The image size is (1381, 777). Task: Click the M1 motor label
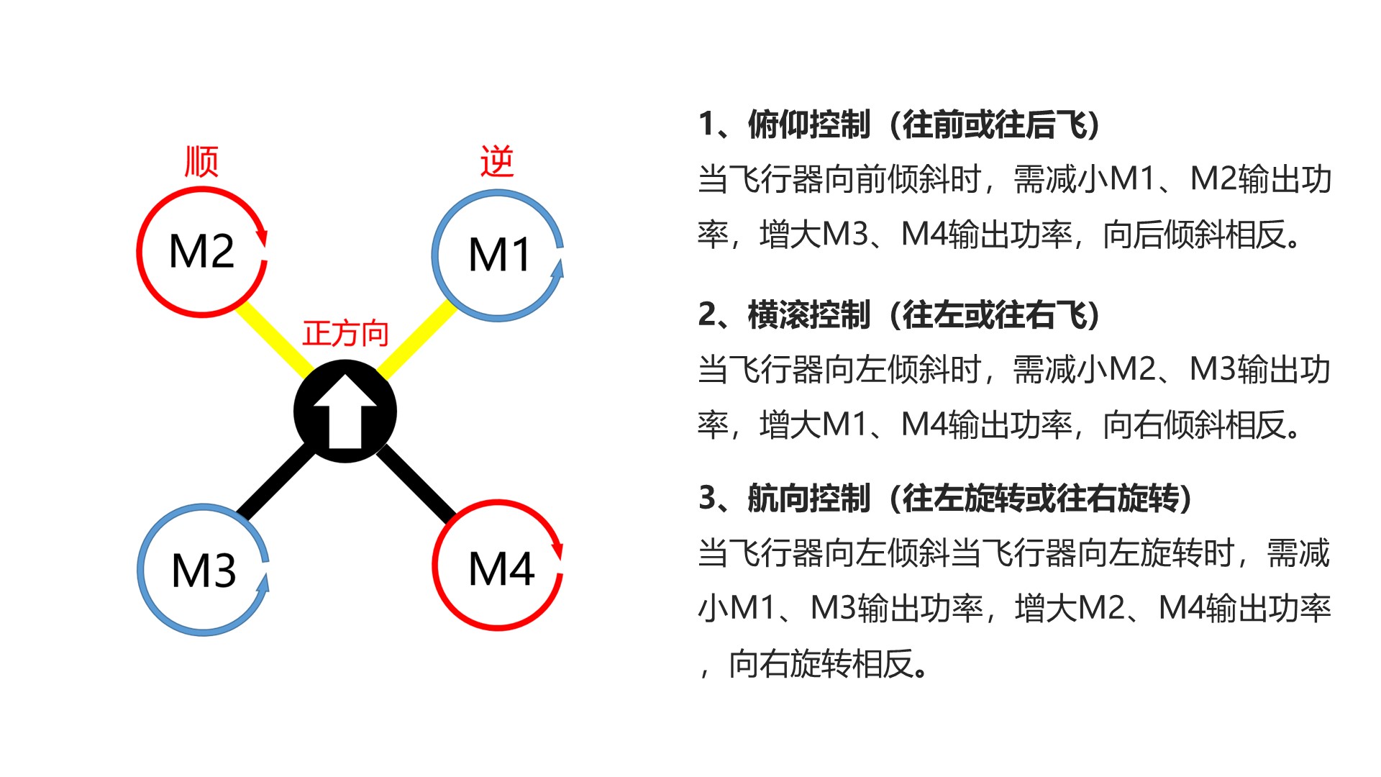click(x=500, y=255)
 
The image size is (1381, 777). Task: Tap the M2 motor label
click(x=201, y=252)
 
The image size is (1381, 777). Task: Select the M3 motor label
click(x=204, y=571)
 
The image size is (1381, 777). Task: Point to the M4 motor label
click(x=501, y=569)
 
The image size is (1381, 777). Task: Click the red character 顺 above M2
click(x=201, y=161)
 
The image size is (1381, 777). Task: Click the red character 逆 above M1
click(x=497, y=161)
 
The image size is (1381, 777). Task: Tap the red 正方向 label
click(x=345, y=334)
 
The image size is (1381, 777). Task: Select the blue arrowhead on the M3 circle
click(x=263, y=582)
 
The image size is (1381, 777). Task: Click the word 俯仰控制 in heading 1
click(x=809, y=124)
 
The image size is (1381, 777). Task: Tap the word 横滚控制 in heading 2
click(x=809, y=315)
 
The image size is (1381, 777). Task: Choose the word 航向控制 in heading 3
click(x=809, y=499)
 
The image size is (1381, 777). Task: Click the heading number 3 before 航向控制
click(x=708, y=499)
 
